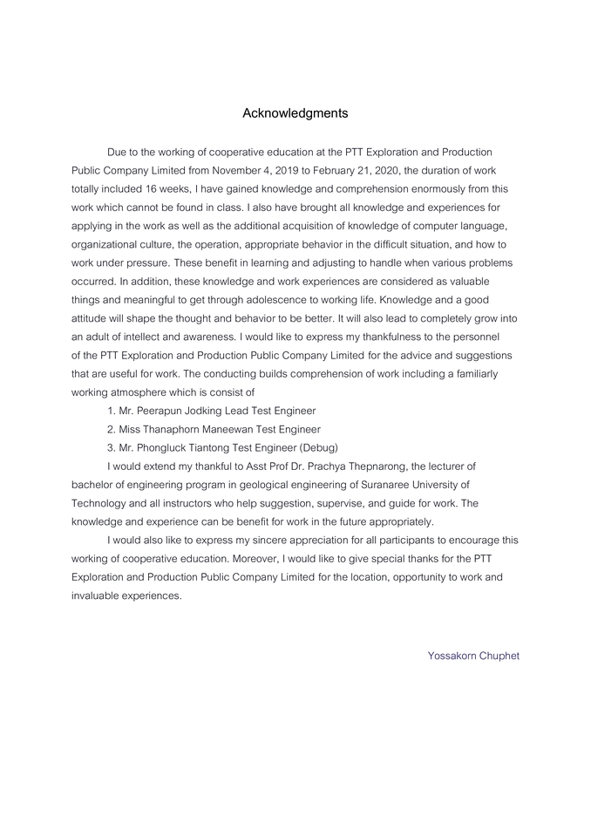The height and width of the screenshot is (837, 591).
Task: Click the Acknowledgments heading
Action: (295, 113)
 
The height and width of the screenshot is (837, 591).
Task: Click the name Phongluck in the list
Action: (167, 447)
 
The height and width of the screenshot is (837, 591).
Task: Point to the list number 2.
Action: (111, 429)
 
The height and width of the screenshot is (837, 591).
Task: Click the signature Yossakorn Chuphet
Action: (473, 656)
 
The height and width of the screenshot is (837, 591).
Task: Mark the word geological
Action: (278, 485)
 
